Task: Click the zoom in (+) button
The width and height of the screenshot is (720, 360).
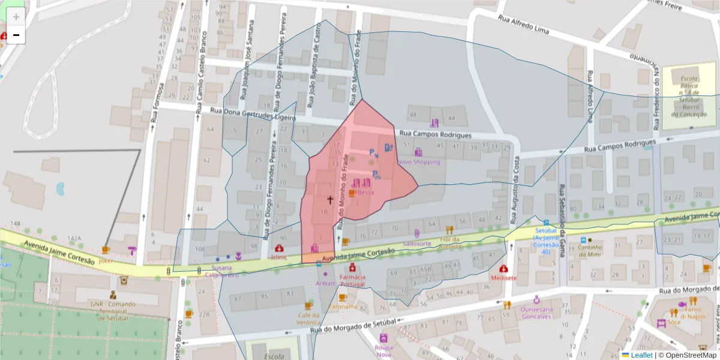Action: click(16, 17)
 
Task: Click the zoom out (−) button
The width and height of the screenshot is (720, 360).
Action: click(16, 35)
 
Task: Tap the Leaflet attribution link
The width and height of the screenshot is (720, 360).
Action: click(642, 355)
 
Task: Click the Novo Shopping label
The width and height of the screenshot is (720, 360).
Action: click(419, 162)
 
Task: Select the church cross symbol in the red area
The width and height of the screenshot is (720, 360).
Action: click(329, 199)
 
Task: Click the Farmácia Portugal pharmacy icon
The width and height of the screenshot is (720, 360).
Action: click(352, 266)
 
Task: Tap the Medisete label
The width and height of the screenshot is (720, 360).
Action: click(503, 278)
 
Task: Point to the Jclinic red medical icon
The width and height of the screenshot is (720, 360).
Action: click(279, 248)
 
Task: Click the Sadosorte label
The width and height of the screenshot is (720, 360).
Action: click(417, 244)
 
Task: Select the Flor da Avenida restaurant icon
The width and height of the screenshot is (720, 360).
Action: click(449, 230)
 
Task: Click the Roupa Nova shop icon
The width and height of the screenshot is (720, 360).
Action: click(383, 338)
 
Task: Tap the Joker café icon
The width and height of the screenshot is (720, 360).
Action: click(106, 250)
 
